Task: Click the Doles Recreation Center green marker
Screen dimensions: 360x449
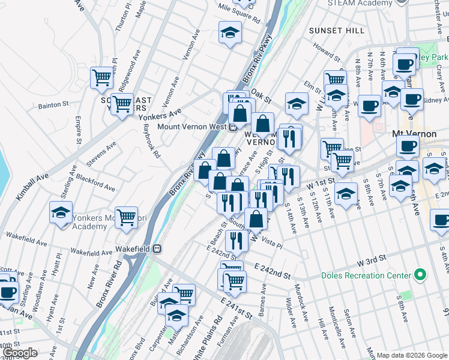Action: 420,275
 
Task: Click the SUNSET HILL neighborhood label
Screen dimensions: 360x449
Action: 336,30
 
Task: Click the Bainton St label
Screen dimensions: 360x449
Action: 53,105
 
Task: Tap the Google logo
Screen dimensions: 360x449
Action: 20,353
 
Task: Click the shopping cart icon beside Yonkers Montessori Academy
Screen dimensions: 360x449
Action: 127,218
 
